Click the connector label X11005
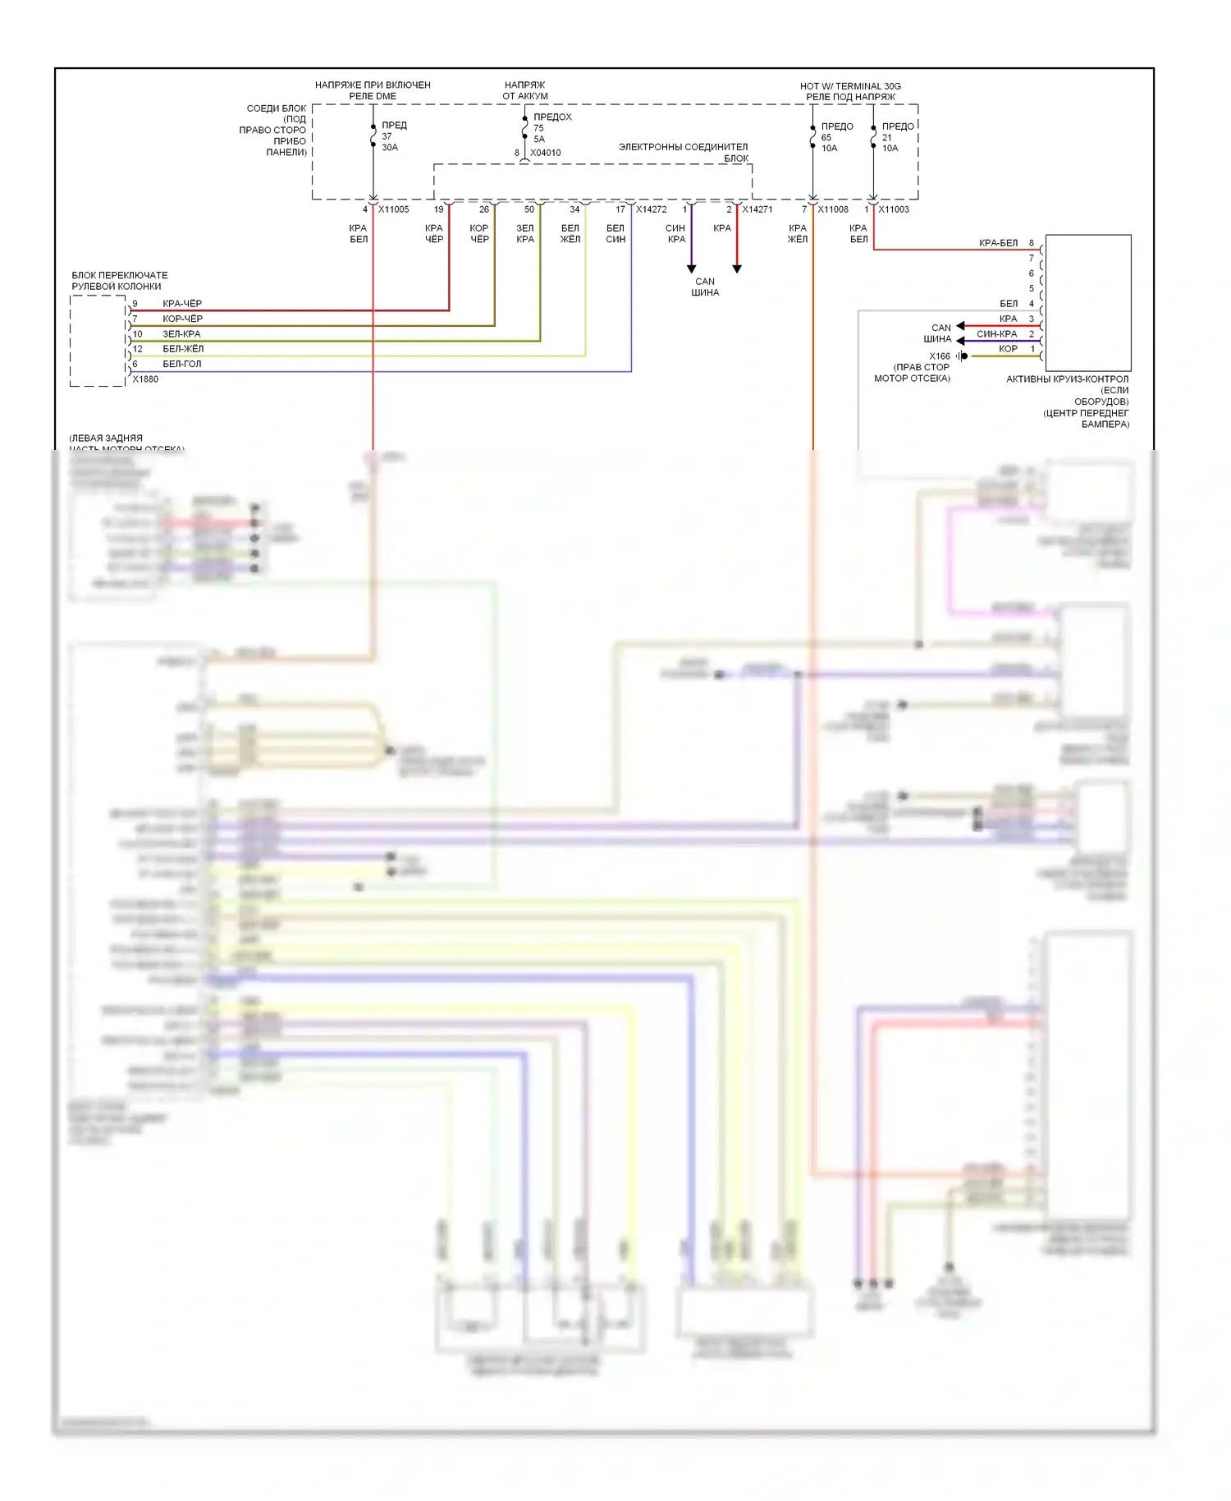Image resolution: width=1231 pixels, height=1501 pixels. [x=393, y=209]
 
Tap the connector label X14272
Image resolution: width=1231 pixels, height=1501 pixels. [x=651, y=209]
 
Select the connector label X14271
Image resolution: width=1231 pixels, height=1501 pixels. [x=757, y=209]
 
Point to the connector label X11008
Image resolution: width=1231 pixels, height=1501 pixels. [x=833, y=209]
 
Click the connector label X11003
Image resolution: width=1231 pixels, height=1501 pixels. [x=894, y=209]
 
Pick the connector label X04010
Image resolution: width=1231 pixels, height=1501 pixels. [x=546, y=153]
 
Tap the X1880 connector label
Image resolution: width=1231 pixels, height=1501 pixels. [x=145, y=379]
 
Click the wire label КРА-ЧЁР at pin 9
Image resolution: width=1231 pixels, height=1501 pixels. [x=182, y=304]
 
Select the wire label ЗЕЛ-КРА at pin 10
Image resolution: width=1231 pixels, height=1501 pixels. [x=181, y=334]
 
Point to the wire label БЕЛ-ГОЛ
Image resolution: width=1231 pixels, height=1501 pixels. [x=181, y=364]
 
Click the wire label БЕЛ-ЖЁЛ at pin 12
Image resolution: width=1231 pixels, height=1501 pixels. [x=183, y=349]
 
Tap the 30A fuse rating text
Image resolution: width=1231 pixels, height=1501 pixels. [x=390, y=148]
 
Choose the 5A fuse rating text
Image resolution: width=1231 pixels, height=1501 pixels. [x=539, y=140]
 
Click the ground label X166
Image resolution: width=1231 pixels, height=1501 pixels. [x=940, y=356]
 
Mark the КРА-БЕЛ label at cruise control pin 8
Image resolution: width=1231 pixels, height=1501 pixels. [x=998, y=243]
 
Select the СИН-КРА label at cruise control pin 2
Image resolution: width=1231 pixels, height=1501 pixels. [x=996, y=334]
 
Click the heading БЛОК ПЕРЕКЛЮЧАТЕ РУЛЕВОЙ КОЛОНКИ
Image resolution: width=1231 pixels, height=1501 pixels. [x=119, y=281]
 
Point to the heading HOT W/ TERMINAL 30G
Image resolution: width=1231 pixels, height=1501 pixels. [x=850, y=86]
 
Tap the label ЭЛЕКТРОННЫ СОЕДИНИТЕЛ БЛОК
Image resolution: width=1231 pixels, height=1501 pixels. [x=684, y=153]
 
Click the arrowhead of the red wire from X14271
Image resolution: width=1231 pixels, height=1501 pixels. [x=737, y=269]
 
